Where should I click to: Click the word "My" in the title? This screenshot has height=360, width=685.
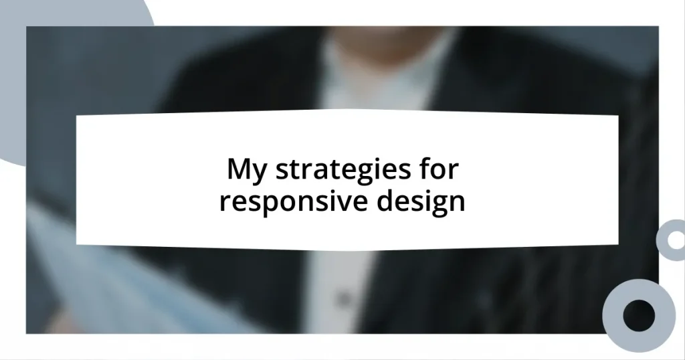(248, 171)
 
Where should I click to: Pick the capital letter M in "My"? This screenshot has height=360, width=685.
(239, 169)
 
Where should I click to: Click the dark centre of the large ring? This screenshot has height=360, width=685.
(639, 315)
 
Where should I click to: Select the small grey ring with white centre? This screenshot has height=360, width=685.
(672, 240)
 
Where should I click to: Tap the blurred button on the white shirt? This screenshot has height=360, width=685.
(343, 298)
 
